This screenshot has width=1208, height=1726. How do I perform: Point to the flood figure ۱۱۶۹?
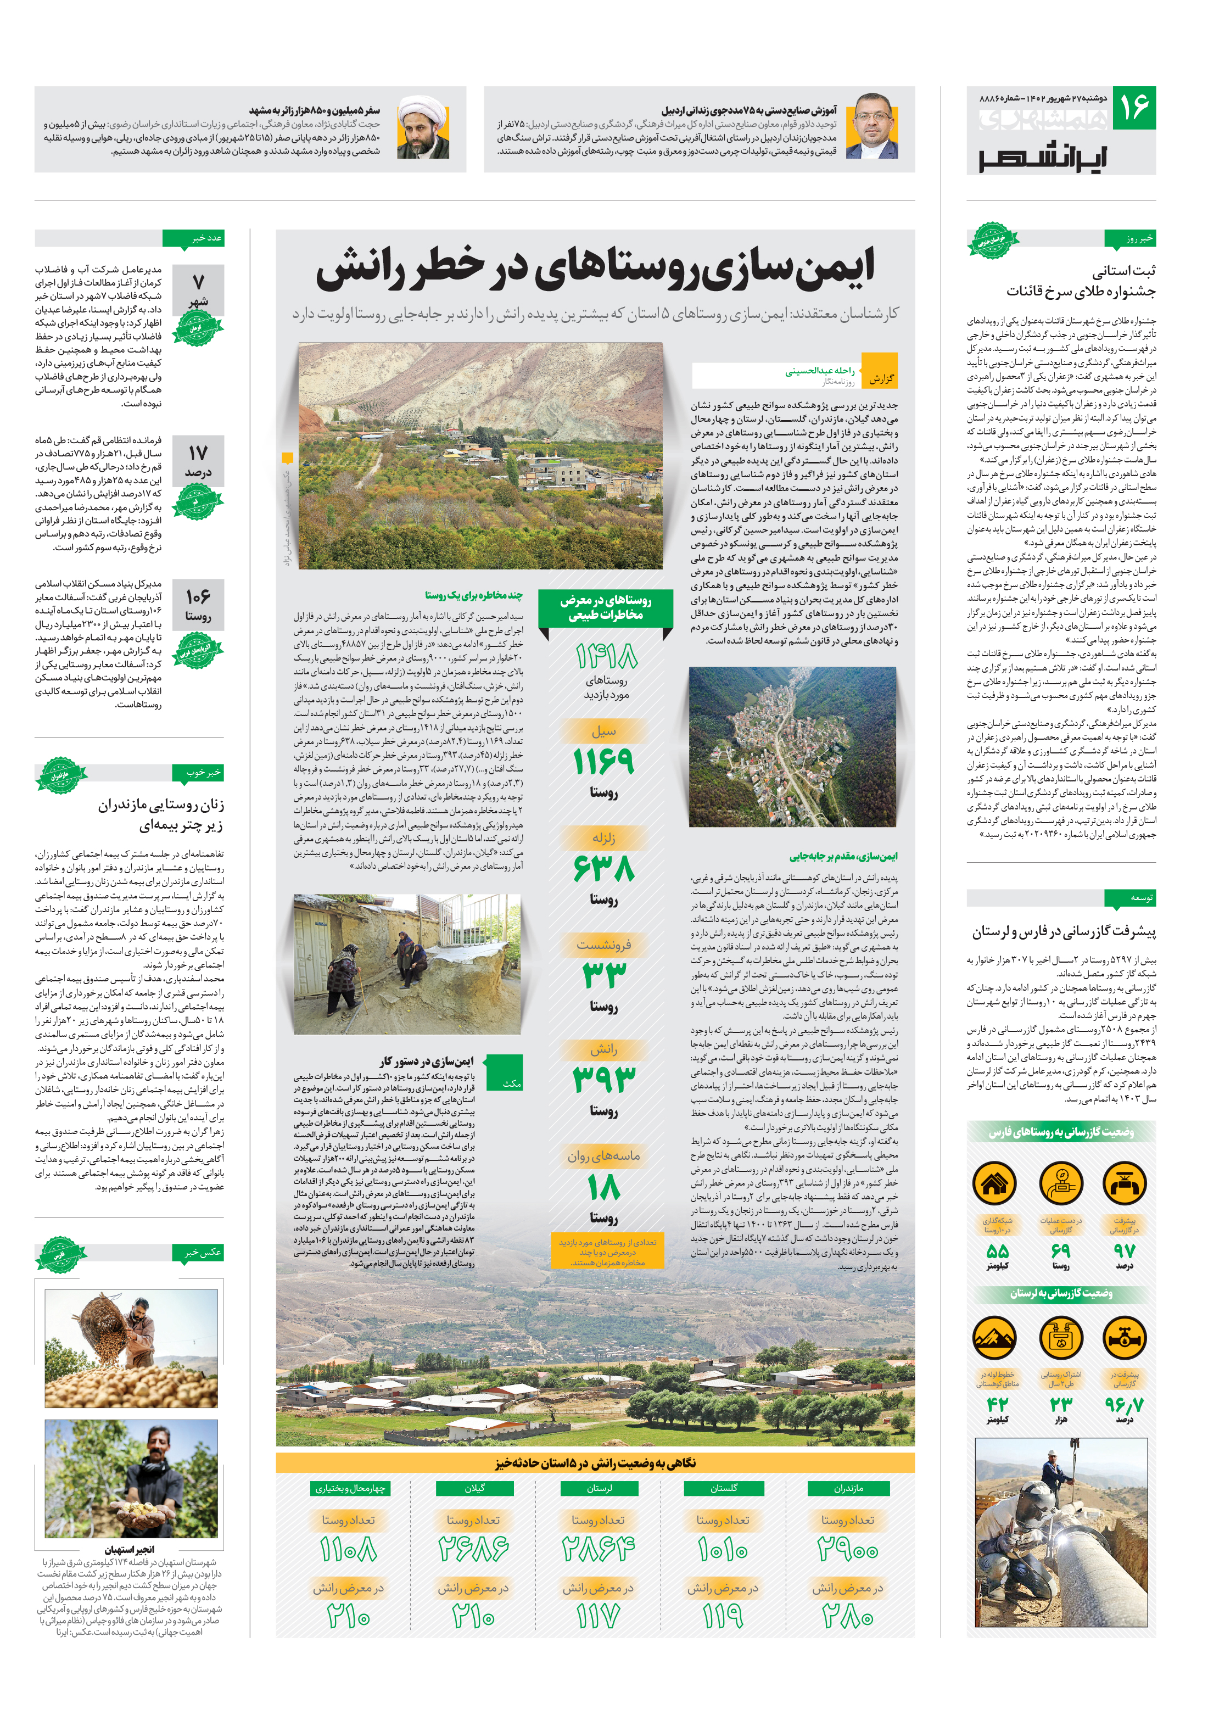[x=603, y=762]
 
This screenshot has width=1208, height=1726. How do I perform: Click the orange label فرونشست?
[x=603, y=945]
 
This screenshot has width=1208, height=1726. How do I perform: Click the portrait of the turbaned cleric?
[x=423, y=127]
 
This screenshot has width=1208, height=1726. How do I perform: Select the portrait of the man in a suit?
[x=872, y=127]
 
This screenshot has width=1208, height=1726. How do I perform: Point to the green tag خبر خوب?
[x=203, y=772]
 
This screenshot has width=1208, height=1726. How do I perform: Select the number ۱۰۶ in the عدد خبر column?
[x=198, y=596]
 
